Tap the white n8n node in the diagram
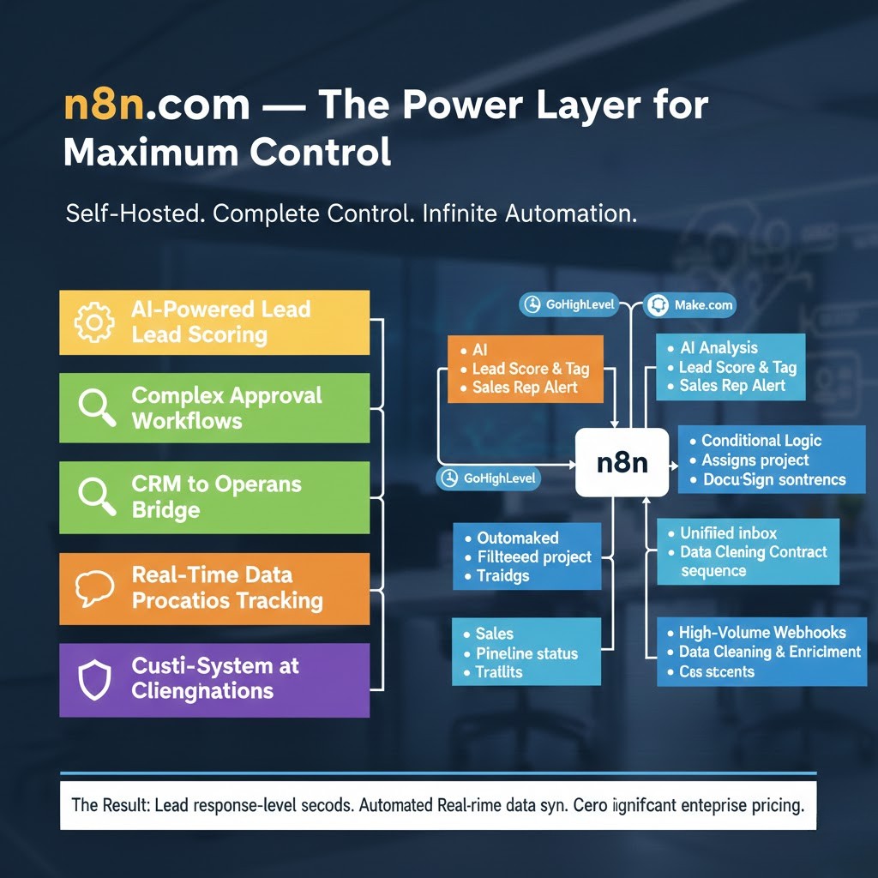(x=622, y=463)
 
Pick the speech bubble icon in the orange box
(x=94, y=588)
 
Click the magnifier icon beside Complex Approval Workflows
(x=96, y=408)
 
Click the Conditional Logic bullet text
(x=761, y=441)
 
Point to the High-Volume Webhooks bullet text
(x=761, y=633)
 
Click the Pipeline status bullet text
(x=526, y=653)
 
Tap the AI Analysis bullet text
(x=719, y=348)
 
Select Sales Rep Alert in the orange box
(x=525, y=388)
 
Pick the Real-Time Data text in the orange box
(x=212, y=574)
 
